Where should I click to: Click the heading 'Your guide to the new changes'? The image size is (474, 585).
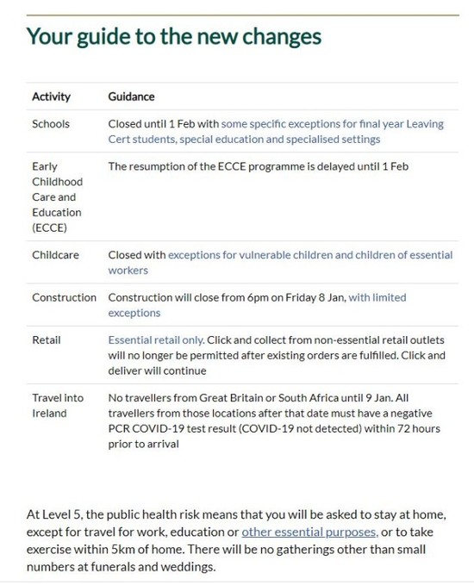tap(173, 36)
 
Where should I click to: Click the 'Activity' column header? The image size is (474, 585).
tap(51, 96)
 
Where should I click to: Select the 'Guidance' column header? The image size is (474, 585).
tap(131, 96)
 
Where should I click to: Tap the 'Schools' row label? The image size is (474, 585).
tap(51, 124)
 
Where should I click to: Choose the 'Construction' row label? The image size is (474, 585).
tap(64, 297)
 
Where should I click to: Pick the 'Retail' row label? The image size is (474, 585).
tap(47, 339)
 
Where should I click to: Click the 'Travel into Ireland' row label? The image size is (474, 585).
tap(58, 405)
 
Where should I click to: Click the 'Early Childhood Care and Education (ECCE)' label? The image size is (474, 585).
tap(57, 196)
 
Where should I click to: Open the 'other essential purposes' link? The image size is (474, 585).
tap(309, 532)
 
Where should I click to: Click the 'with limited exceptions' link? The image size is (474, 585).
tap(377, 297)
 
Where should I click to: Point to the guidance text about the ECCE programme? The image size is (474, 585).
tap(258, 165)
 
